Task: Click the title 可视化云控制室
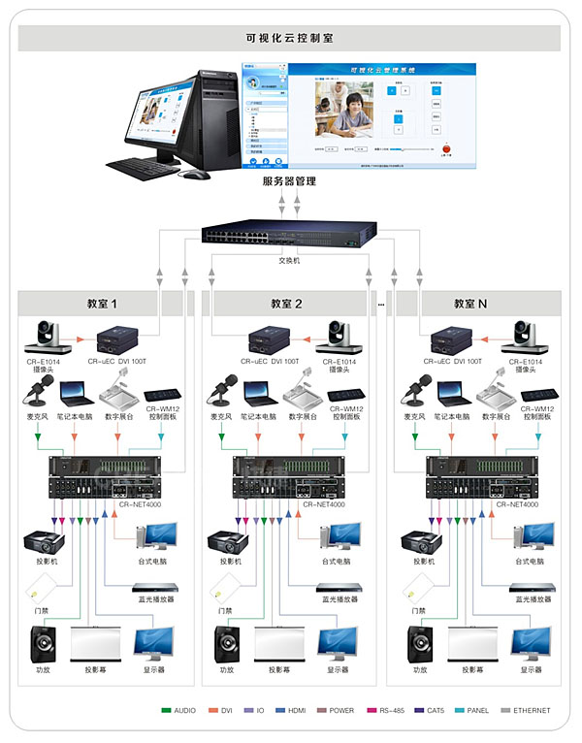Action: [x=290, y=38]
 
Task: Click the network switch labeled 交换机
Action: [x=290, y=237]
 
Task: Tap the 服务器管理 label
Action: [x=289, y=181]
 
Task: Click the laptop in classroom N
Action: [x=451, y=393]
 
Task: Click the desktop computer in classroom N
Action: [x=532, y=536]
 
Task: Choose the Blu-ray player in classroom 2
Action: [x=341, y=588]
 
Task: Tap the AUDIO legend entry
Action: [x=178, y=711]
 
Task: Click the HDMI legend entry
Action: [x=289, y=711]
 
